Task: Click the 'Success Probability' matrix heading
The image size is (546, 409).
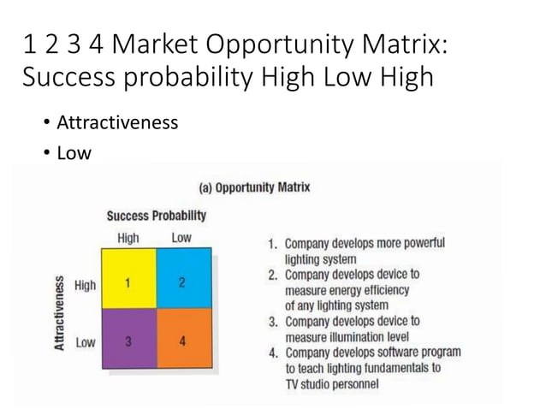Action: [x=156, y=215]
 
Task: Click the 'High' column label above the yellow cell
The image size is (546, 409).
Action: [x=128, y=238]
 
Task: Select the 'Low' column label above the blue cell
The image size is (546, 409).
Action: [x=181, y=238]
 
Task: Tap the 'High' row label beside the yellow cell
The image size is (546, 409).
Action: [x=86, y=285]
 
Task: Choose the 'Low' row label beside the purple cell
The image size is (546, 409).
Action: [x=86, y=342]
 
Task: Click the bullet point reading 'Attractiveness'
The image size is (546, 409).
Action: [x=117, y=122]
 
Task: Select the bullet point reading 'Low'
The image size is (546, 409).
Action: [x=73, y=153]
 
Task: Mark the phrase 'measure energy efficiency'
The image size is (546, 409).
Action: [x=347, y=289]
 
